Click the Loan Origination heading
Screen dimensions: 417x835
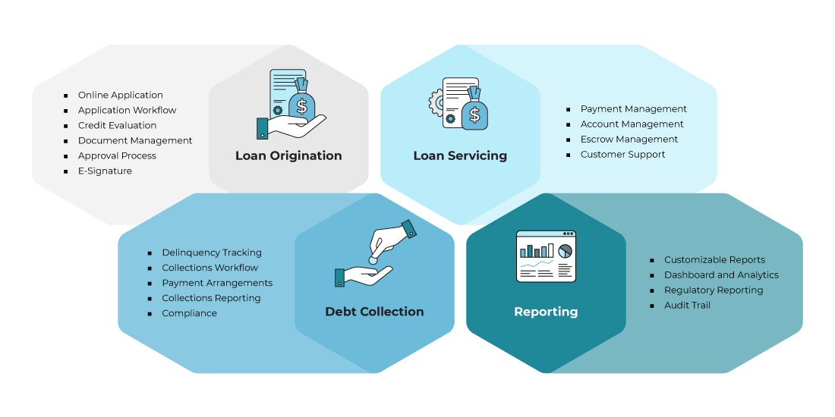tap(288, 155)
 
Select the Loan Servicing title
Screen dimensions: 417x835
tap(460, 155)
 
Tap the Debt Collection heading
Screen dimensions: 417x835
tap(374, 312)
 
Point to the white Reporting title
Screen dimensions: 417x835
tap(546, 312)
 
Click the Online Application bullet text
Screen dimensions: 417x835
tap(120, 95)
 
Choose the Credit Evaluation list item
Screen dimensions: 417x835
tap(117, 125)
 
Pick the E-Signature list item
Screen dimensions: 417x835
tap(105, 171)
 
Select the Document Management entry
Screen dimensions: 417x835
tap(135, 140)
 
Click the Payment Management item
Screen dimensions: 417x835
tap(633, 108)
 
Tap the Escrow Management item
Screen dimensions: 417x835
tap(629, 139)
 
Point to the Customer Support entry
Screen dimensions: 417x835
tap(622, 154)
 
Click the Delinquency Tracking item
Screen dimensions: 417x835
tap(211, 252)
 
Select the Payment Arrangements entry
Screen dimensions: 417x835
tap(217, 283)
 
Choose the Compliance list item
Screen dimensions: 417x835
tap(189, 313)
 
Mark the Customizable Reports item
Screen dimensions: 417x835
tap(714, 259)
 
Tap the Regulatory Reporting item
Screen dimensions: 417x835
tap(714, 290)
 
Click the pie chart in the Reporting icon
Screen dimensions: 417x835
tap(565, 250)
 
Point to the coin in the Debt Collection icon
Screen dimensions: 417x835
tap(373, 259)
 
